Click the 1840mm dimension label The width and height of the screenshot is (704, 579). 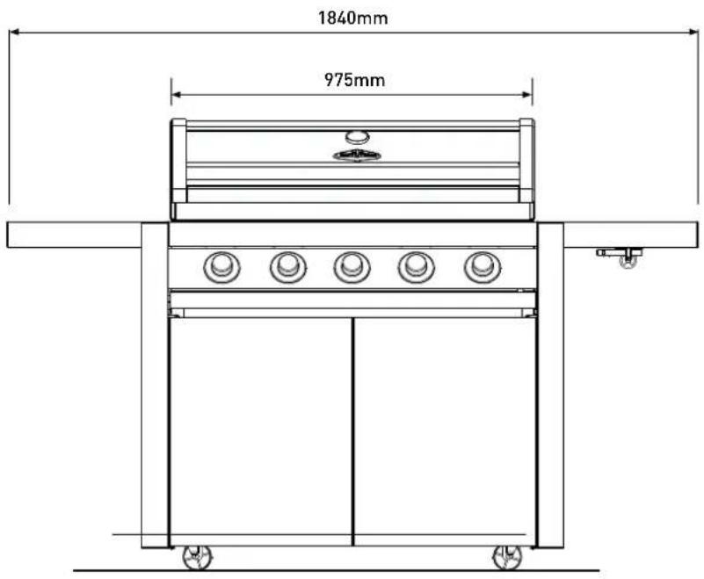[x=353, y=18]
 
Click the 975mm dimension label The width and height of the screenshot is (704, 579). [x=354, y=80]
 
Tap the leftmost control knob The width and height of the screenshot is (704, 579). [x=221, y=267]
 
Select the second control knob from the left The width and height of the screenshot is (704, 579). [x=288, y=267]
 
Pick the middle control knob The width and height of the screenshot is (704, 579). [x=352, y=267]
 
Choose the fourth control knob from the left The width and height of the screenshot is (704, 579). [x=417, y=267]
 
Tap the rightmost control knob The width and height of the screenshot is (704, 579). [x=483, y=267]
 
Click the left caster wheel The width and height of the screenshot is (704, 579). [x=197, y=558]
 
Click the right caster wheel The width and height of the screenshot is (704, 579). [x=507, y=558]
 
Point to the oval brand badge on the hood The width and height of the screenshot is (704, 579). [x=357, y=156]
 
